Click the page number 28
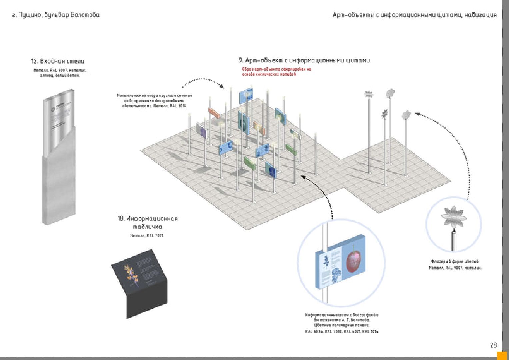pos(493,345)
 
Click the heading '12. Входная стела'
pos(58,61)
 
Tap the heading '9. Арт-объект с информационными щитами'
pos(304,60)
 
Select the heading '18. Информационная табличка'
pos(148,223)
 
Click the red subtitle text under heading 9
pos(276,72)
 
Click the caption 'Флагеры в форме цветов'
pos(455,261)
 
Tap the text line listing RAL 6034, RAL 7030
pos(342,331)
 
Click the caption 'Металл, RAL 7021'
pos(147,236)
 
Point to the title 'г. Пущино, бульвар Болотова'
pos(56,15)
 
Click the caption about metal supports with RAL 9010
pos(154,101)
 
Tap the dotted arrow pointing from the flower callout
pos(447,140)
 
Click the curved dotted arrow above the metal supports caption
pos(203,81)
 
